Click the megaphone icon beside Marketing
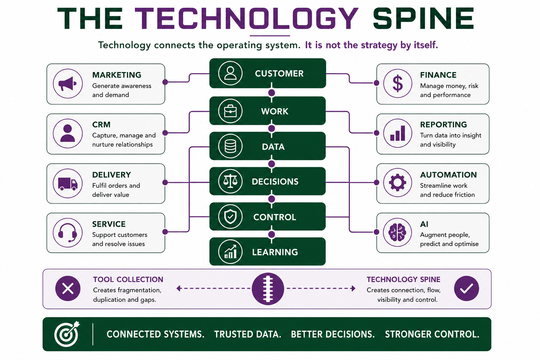pos(67,84)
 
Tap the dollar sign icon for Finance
pos(398,83)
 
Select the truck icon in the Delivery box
pos(68,184)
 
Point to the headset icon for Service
pos(68,233)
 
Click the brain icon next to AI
pos(398,232)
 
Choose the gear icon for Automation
pos(398,182)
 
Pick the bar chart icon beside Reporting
pos(398,133)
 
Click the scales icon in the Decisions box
pos(230,181)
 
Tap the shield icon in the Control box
pos(230,217)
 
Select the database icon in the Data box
pos(230,146)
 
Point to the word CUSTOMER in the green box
pos(279,73)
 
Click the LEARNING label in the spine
pos(275,252)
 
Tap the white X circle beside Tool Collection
pos(68,288)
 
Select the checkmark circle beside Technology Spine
pos(467,288)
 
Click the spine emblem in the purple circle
pos(268,289)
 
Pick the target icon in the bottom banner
pos(67,334)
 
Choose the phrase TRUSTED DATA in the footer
pos(247,334)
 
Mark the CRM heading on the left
pos(101,125)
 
